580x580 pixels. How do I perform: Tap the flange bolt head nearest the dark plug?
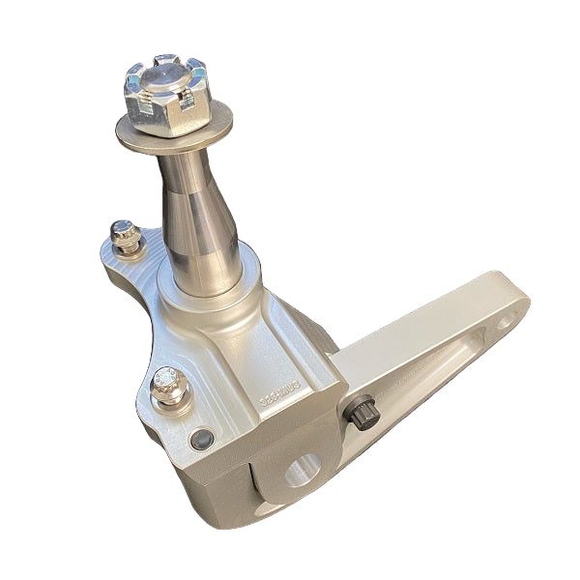click(x=166, y=383)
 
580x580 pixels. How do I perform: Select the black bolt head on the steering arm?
click(x=359, y=415)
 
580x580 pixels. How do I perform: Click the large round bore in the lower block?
click(x=303, y=474)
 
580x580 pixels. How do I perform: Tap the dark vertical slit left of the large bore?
click(x=254, y=483)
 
